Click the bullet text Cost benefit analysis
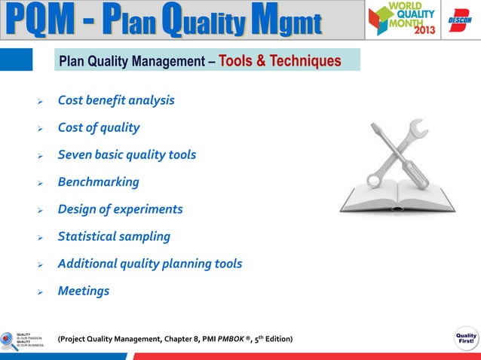[116, 100]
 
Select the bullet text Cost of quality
[99, 127]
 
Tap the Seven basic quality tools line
[127, 154]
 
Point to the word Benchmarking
[98, 182]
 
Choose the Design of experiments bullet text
[120, 209]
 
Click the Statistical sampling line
[114, 236]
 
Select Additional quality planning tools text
[150, 264]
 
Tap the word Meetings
[84, 291]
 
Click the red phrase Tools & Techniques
[280, 60]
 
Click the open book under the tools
[397, 197]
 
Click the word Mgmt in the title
[291, 20]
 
